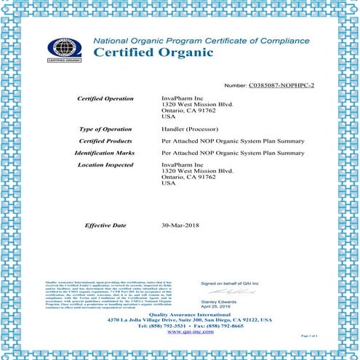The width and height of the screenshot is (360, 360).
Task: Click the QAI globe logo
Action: point(65,47)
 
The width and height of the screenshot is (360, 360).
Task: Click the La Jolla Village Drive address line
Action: point(180,319)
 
